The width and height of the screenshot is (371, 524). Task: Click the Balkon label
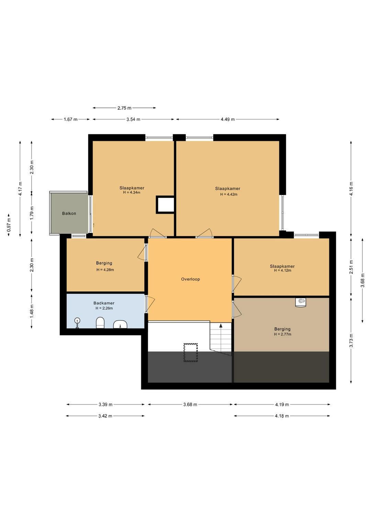click(x=69, y=213)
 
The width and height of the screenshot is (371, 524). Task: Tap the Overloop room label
click(x=190, y=279)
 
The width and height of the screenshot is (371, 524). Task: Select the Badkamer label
click(x=104, y=303)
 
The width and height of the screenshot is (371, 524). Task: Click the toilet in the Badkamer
click(x=100, y=323)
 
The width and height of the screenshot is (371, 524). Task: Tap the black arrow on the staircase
click(x=221, y=326)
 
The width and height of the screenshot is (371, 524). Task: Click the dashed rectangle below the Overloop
click(x=191, y=352)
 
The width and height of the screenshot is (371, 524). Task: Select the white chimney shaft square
click(x=165, y=205)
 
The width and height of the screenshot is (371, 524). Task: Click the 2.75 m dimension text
click(x=124, y=108)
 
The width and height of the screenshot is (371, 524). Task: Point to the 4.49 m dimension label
click(x=227, y=119)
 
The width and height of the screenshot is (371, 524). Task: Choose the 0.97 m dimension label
click(x=9, y=225)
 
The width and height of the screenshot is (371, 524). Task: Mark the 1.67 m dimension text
click(x=70, y=119)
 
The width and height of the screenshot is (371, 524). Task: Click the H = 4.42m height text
click(x=229, y=194)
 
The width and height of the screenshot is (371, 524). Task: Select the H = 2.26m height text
click(x=104, y=308)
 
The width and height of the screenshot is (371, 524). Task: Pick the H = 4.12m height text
click(x=282, y=270)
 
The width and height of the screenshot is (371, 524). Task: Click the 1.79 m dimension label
click(x=32, y=213)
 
